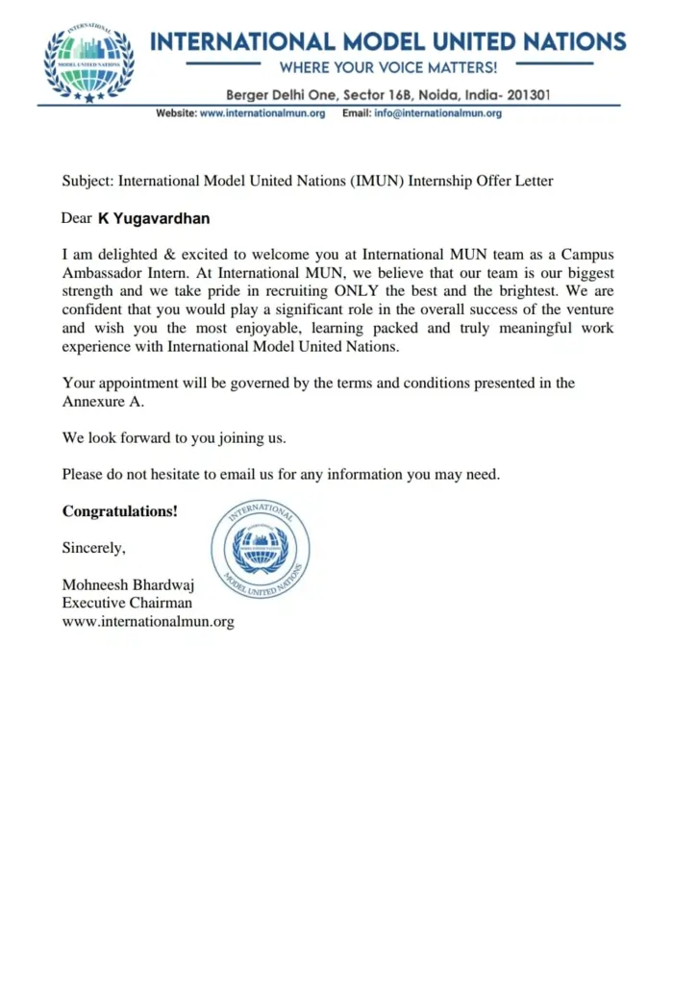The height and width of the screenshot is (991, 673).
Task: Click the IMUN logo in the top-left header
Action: pyautogui.click(x=88, y=63)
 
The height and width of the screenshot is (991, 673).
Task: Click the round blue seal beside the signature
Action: pyautogui.click(x=261, y=549)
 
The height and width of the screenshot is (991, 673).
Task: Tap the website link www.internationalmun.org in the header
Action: pyautogui.click(x=262, y=113)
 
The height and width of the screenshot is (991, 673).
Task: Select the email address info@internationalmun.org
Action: pyautogui.click(x=437, y=113)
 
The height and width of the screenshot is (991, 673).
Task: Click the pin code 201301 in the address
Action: pyautogui.click(x=525, y=95)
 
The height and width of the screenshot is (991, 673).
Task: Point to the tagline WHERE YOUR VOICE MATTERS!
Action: pyautogui.click(x=388, y=67)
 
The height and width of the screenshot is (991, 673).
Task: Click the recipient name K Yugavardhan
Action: pyautogui.click(x=154, y=218)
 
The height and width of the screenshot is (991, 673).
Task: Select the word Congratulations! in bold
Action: pyautogui.click(x=120, y=511)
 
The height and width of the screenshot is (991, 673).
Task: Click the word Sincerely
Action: pyautogui.click(x=93, y=548)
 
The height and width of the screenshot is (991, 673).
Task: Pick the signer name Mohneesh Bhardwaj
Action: pyautogui.click(x=128, y=584)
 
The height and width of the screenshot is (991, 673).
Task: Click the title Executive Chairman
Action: pyautogui.click(x=127, y=603)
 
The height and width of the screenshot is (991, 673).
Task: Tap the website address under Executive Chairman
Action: pyautogui.click(x=148, y=622)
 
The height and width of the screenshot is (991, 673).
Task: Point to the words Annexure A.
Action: pyautogui.click(x=103, y=401)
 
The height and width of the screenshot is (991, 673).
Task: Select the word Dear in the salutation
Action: pyautogui.click(x=76, y=218)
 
